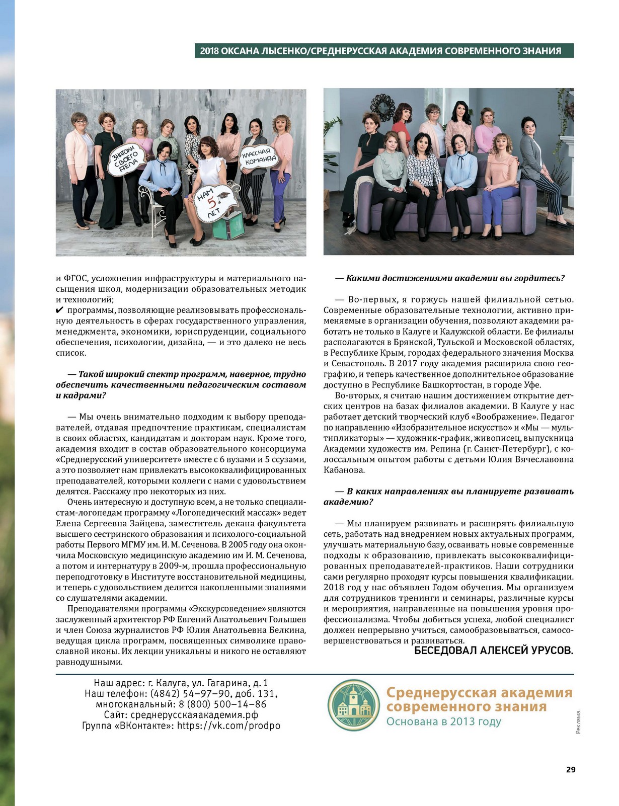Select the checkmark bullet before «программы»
pyautogui.click(x=60, y=310)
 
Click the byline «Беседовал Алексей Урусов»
pyautogui.click(x=494, y=651)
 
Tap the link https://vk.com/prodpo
pyautogui.click(x=228, y=726)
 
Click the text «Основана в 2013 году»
pyautogui.click(x=443, y=721)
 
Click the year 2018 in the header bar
pyautogui.click(x=209, y=51)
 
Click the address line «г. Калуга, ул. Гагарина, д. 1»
pyautogui.click(x=208, y=683)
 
